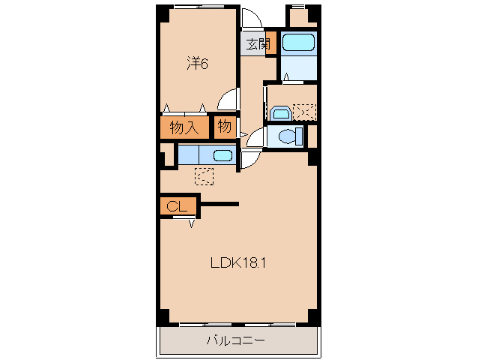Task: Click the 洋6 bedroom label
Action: pos(196,64)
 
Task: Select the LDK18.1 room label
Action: pos(238,262)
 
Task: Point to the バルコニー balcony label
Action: pos(235,341)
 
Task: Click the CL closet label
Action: pos(177,206)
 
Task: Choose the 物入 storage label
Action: pos(184,127)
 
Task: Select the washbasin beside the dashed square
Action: pos(280,112)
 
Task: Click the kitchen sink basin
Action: pos(223,155)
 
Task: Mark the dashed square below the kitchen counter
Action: pos(204,175)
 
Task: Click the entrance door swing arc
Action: pos(252,19)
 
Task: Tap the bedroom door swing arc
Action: pos(228,100)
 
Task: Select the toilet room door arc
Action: pos(255,137)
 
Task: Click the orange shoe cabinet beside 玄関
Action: pos(272,43)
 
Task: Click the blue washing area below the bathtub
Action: pos(300,67)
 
